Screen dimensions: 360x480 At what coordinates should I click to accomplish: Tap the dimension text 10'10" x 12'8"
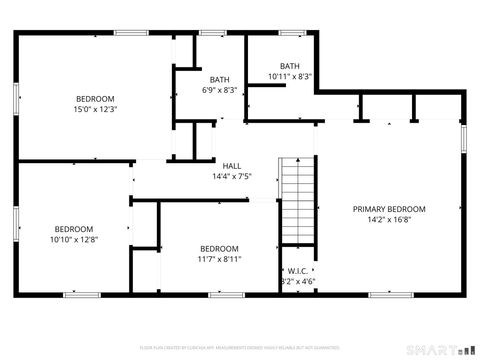click(74, 238)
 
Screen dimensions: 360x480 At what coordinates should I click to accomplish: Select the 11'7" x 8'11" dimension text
click(219, 259)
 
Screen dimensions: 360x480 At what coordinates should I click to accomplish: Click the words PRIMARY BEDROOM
click(389, 209)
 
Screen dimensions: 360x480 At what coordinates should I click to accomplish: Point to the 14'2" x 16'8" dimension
click(389, 219)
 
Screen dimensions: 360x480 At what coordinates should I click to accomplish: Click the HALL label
click(232, 166)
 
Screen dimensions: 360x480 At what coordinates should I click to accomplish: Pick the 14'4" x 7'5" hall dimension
click(232, 176)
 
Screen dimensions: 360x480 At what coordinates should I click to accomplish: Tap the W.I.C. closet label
click(297, 271)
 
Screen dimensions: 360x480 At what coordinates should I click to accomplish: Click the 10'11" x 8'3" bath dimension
click(290, 76)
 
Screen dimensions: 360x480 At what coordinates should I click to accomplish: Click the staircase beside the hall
click(297, 201)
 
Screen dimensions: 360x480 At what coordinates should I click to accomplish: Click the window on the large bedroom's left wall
click(16, 104)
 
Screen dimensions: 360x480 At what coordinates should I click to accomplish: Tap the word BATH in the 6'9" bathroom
click(218, 79)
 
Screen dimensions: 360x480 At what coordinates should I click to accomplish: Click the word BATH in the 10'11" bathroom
click(289, 66)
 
